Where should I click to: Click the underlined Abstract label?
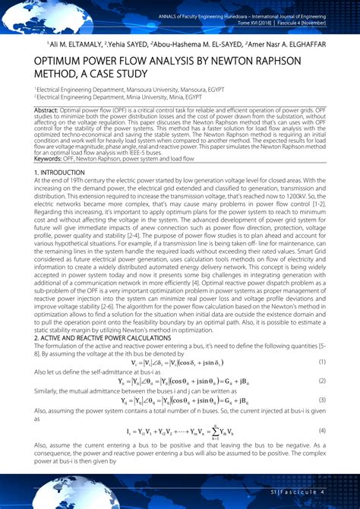coord(47,109)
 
